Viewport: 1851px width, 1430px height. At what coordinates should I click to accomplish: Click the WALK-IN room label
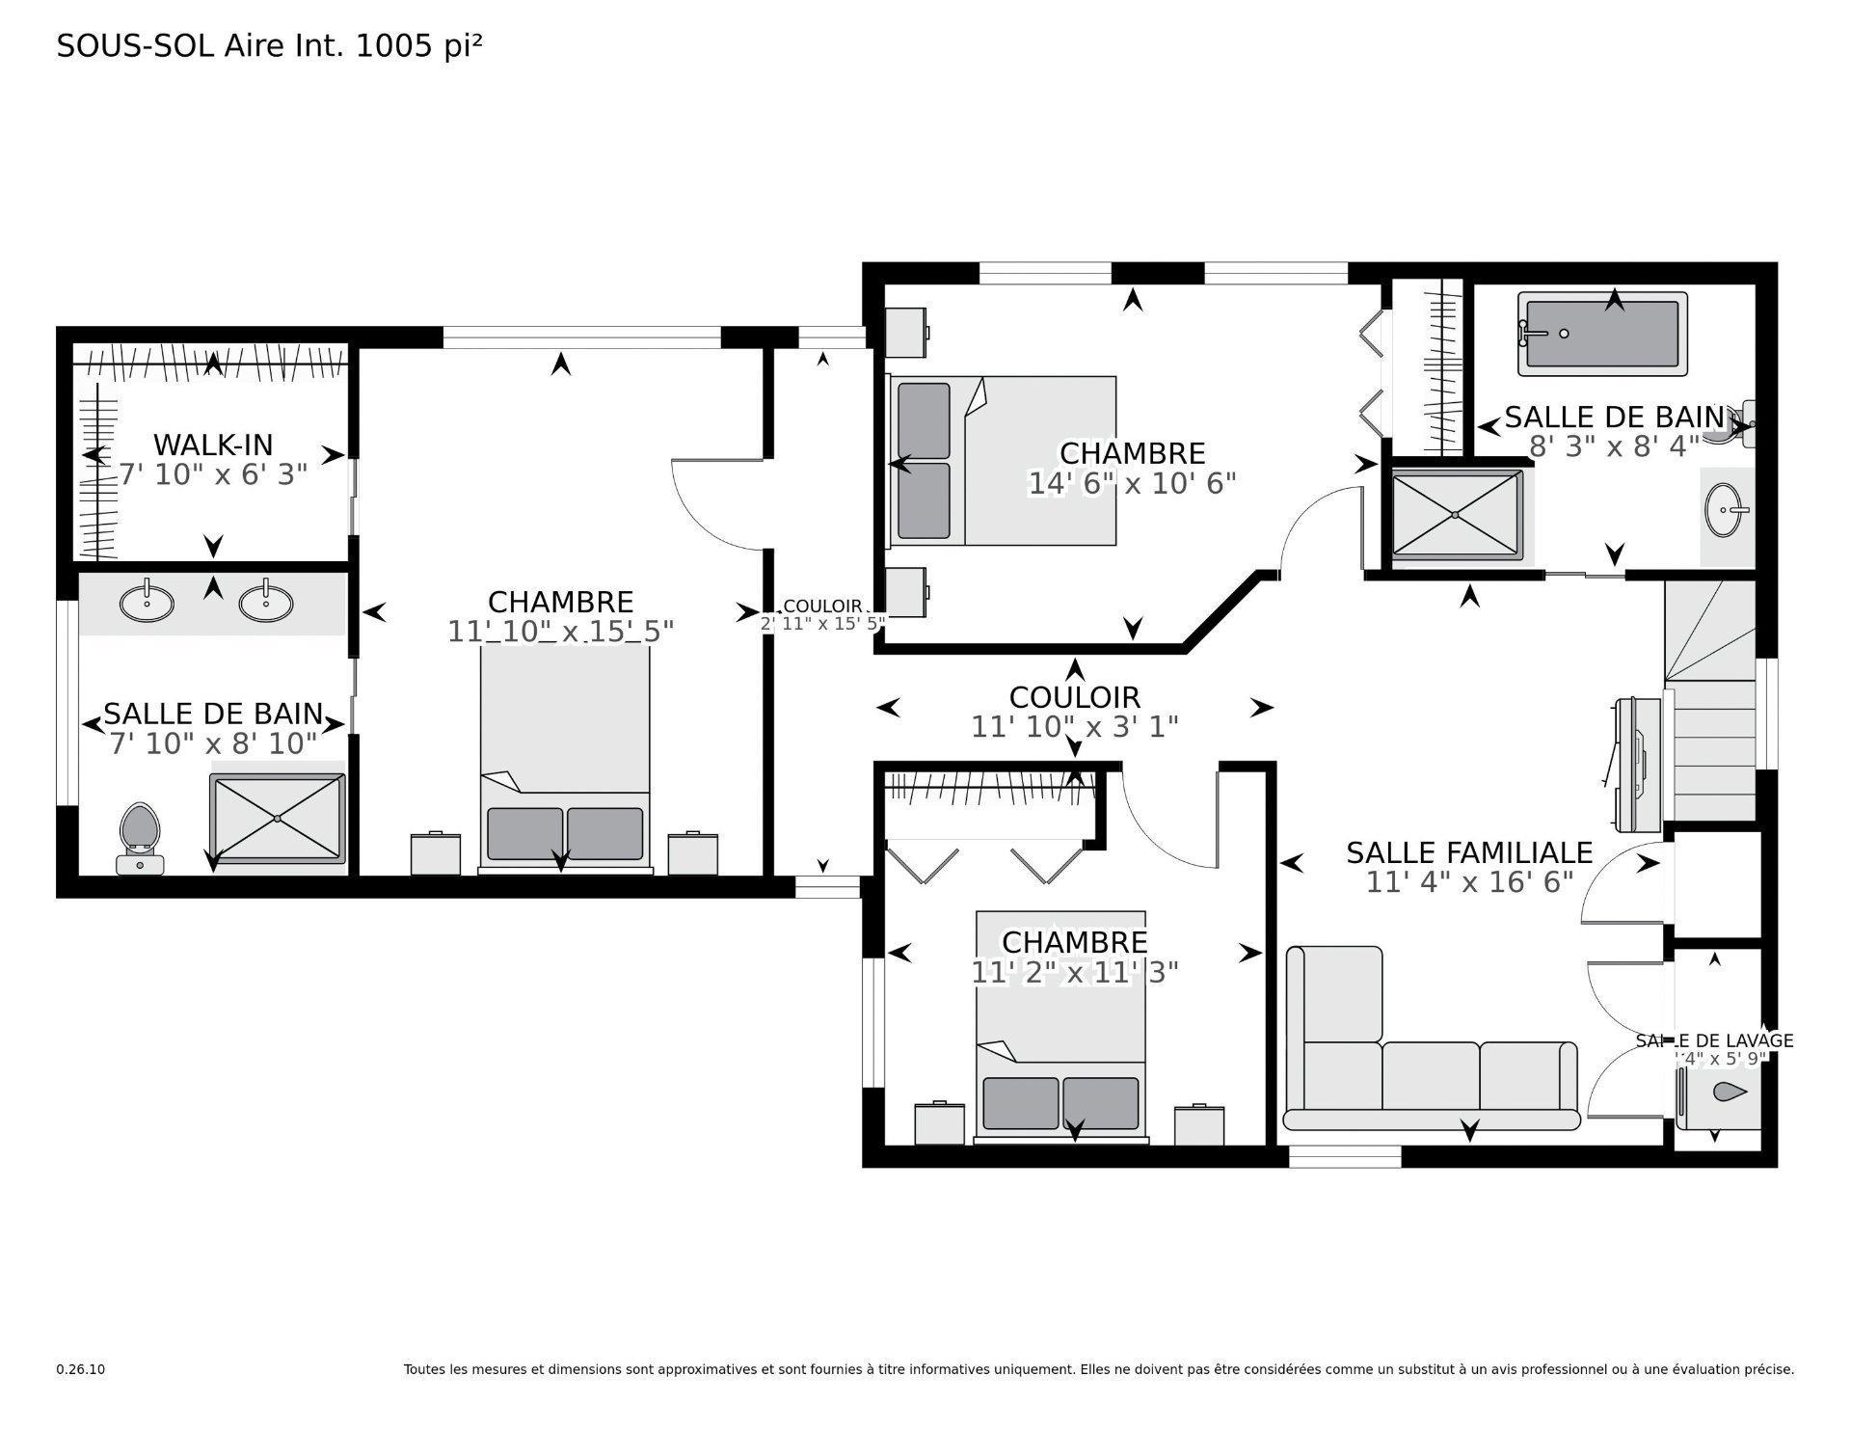pos(213,445)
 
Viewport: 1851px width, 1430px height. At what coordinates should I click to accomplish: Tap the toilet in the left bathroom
pos(140,835)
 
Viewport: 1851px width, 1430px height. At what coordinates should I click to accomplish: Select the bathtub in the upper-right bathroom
pos(1602,334)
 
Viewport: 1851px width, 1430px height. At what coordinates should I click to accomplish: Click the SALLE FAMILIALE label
pos(1468,852)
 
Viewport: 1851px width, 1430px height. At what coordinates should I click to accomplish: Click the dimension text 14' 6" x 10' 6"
pos(1132,483)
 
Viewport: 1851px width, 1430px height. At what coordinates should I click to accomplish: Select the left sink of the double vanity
pos(147,604)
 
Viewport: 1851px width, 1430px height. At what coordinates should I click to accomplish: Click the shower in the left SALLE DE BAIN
pos(278,819)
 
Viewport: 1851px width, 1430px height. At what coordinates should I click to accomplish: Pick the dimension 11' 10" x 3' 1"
pos(1074,726)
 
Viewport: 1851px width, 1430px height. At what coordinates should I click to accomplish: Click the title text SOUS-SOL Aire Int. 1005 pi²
pos(269,45)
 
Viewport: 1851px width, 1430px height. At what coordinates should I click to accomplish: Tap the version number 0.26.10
pos(80,1369)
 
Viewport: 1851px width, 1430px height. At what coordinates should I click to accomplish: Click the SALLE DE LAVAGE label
pos(1714,1040)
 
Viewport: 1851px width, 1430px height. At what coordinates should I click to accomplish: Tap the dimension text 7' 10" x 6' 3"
pos(213,474)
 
